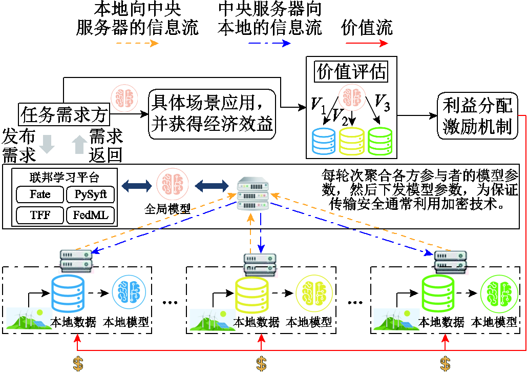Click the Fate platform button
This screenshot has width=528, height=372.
click(x=40, y=195)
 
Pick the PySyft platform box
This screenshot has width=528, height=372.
click(x=90, y=195)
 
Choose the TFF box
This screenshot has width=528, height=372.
click(x=40, y=215)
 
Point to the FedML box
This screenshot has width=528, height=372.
click(x=90, y=215)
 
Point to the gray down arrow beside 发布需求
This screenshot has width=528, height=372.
click(x=47, y=144)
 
